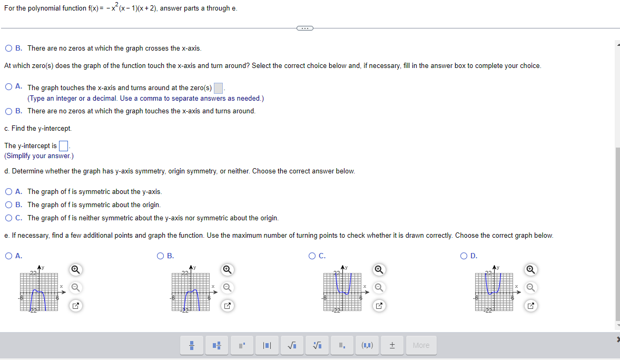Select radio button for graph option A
coord(8,256)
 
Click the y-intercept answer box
coord(64,146)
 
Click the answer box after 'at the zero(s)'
coord(219,88)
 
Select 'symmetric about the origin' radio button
coord(8,205)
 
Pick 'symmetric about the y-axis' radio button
coord(8,191)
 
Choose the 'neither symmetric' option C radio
coord(8,218)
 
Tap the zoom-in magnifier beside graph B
coord(227,269)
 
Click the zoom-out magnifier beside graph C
coord(378,287)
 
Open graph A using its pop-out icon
coord(75,305)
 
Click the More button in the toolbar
coord(421,345)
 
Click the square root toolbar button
coord(291,345)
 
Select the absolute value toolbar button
coord(267,345)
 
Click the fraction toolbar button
coord(192,345)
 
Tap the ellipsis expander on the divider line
coord(304,28)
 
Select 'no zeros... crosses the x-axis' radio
coord(8,48)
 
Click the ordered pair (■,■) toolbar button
coord(367,345)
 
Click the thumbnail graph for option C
coord(343,289)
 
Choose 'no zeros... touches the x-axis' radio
coord(8,111)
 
